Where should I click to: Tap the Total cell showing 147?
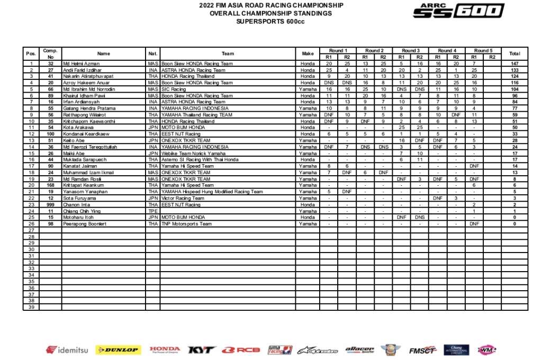pos(514,64)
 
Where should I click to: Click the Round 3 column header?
pos(411,50)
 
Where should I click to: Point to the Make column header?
pos(308,53)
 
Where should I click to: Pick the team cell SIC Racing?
pos(175,89)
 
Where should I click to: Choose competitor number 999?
pos(51,204)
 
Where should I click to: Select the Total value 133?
pos(514,70)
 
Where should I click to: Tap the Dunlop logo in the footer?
pos(118,350)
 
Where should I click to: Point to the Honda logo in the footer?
pos(165,350)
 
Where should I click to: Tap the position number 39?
pos(31,307)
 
